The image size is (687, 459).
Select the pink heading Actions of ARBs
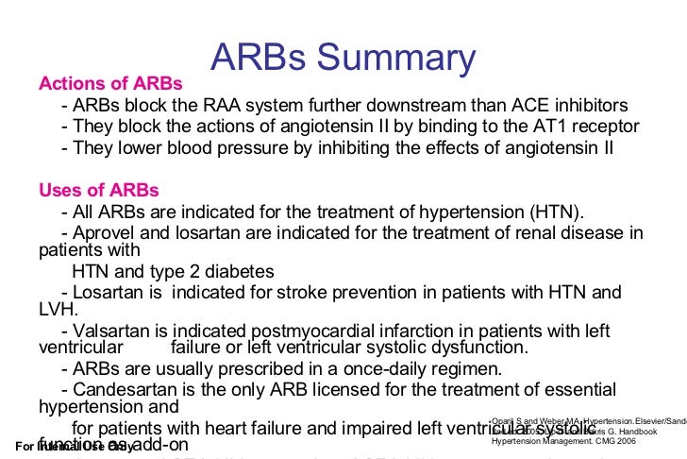pos(110,83)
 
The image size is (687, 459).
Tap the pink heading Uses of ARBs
pos(99,190)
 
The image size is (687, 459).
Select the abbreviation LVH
pos(58,310)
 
